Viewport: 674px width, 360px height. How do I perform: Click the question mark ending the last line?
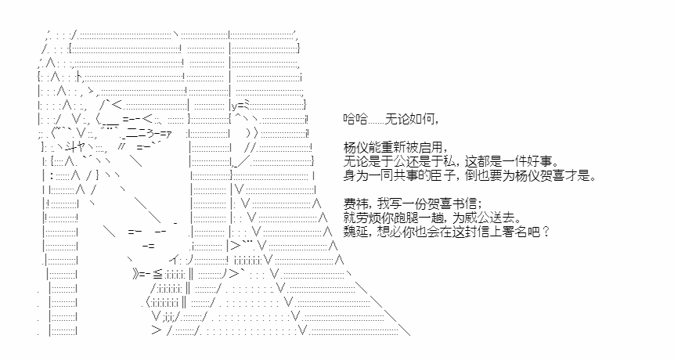(546, 232)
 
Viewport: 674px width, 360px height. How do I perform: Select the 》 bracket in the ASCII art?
(136, 274)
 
